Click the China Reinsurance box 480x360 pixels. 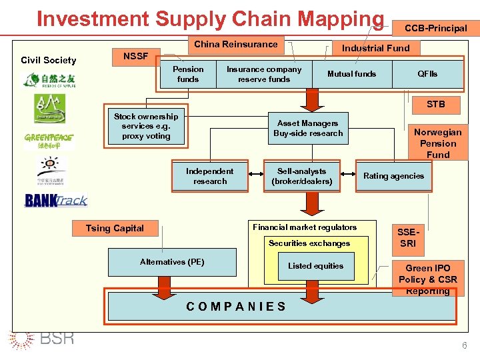[235, 45]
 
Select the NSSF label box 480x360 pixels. [135, 56]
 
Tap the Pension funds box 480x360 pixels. [188, 74]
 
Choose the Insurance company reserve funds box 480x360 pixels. [264, 74]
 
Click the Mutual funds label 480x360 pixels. [351, 74]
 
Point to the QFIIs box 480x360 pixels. [427, 74]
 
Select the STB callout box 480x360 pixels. [435, 104]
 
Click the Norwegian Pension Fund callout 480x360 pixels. [437, 143]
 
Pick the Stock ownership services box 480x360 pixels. [146, 126]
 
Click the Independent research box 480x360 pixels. [210, 176]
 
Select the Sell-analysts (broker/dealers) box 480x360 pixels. [301, 176]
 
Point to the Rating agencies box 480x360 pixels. [393, 176]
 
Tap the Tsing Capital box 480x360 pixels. [115, 229]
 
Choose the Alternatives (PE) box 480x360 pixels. [172, 262]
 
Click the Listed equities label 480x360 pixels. [315, 266]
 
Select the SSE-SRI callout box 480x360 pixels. [407, 238]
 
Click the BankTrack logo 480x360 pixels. [56, 201]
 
